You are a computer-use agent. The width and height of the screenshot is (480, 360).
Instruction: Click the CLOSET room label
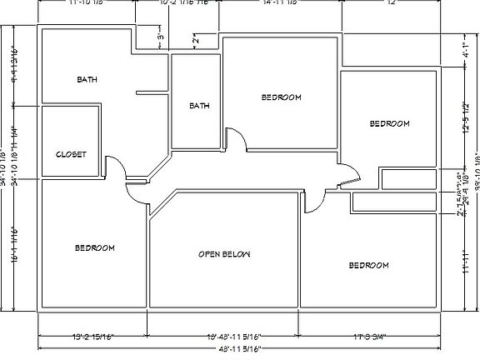(x=72, y=154)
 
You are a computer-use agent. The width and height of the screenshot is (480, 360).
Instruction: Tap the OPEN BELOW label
(x=224, y=253)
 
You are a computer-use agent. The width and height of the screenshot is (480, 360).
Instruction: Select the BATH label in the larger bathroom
(x=87, y=80)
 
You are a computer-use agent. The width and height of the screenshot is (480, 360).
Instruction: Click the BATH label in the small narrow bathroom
(x=198, y=106)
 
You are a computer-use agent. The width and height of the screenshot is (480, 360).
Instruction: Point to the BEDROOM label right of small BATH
(x=281, y=97)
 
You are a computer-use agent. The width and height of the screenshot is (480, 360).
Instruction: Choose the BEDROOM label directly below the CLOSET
(x=95, y=248)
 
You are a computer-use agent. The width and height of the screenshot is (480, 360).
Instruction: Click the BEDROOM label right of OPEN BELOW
(x=368, y=265)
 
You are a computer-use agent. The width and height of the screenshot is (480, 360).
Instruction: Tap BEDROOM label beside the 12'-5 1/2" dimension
(x=389, y=123)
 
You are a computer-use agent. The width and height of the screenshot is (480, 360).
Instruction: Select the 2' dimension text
(x=195, y=39)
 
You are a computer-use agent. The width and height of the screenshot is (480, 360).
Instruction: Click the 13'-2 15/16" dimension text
(x=92, y=337)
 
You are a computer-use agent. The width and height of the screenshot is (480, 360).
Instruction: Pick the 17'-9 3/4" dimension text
(x=368, y=337)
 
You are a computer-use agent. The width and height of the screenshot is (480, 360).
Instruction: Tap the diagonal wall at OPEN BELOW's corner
(x=162, y=205)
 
